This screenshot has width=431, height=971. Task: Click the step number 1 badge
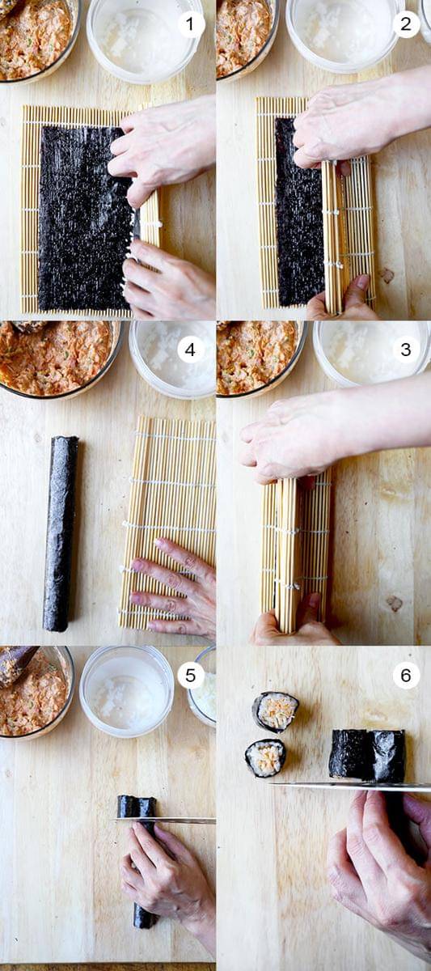pyautogui.click(x=191, y=25)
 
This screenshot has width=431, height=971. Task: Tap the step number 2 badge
pyautogui.click(x=406, y=25)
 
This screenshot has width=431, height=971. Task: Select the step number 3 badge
pyautogui.click(x=406, y=350)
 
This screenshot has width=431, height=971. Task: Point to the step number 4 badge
pyautogui.click(x=191, y=350)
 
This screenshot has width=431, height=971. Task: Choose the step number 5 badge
pyautogui.click(x=191, y=675)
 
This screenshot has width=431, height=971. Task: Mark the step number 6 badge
pyautogui.click(x=406, y=675)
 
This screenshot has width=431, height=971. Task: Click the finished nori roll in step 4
pyautogui.click(x=61, y=533)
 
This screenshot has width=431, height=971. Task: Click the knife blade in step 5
pyautogui.click(x=166, y=820)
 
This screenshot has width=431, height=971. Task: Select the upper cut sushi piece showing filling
pyautogui.click(x=276, y=712)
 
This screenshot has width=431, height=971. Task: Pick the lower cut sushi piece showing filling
pyautogui.click(x=265, y=757)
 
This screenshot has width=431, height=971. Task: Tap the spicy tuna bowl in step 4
pyautogui.click(x=58, y=359)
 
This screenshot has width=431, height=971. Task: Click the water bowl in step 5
pyautogui.click(x=126, y=691)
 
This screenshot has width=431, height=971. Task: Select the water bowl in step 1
pyautogui.click(x=145, y=40)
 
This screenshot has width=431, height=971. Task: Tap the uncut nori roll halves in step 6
pyautogui.click(x=367, y=755)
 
